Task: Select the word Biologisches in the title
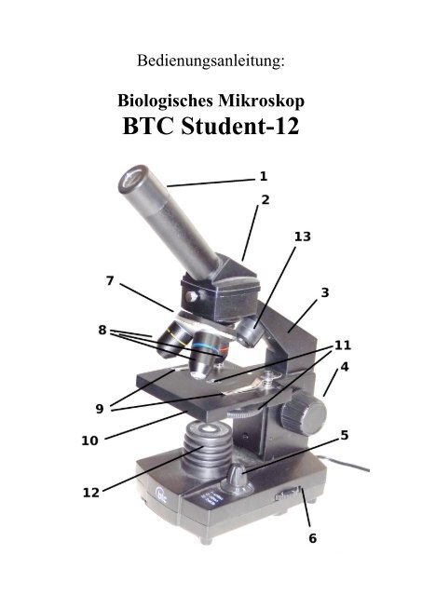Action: coord(166,102)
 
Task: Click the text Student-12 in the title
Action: coord(240,127)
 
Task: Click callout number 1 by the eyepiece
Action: coord(264,176)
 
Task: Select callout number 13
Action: coord(303,237)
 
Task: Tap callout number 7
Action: coord(110,281)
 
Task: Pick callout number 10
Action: coord(89,440)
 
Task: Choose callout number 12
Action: coord(91,493)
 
